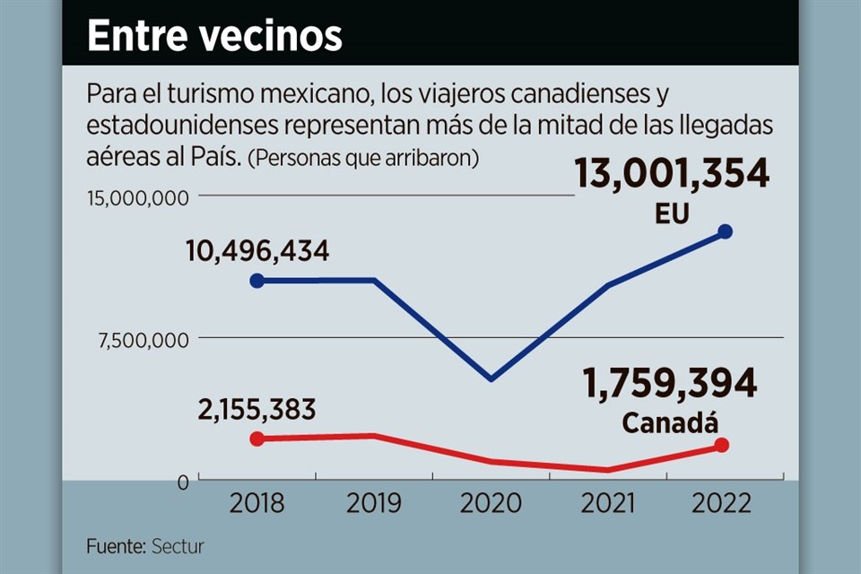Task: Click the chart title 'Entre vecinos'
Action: tap(214, 37)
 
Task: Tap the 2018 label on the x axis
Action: tap(257, 502)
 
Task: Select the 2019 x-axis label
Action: tap(373, 502)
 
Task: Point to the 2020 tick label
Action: tap(491, 502)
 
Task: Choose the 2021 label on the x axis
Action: tap(609, 502)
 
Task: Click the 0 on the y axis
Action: tap(182, 483)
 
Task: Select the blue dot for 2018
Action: tap(257, 281)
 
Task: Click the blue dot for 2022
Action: tap(726, 231)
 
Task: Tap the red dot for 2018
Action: tap(257, 439)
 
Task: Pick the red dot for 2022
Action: tap(722, 446)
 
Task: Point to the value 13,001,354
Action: tap(672, 173)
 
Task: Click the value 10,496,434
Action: tap(257, 251)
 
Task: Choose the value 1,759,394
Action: tap(670, 385)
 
